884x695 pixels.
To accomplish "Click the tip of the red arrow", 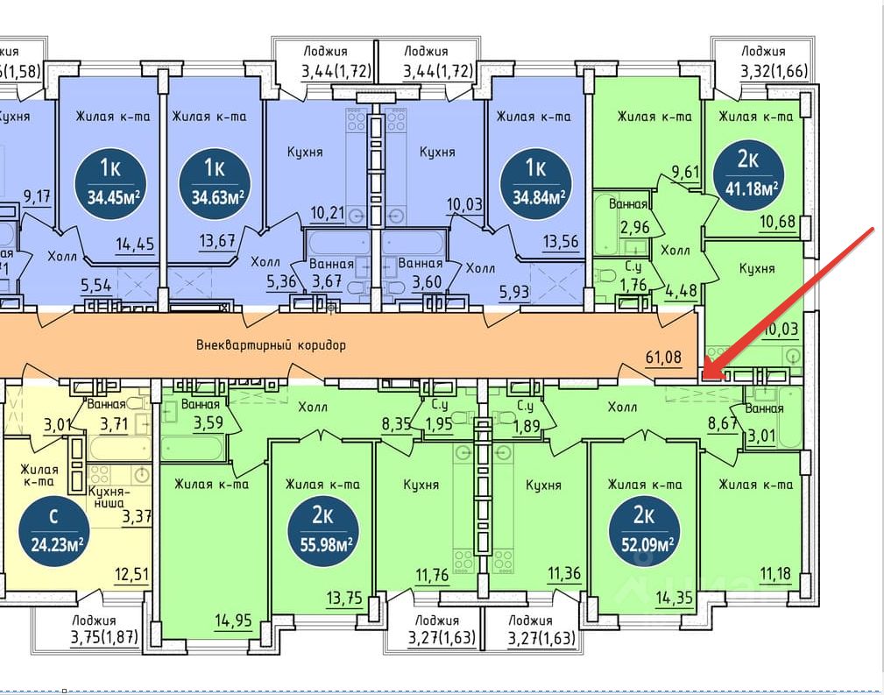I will [705, 379].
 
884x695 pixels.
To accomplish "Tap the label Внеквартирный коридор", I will [272, 345].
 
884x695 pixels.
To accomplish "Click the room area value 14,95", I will [234, 621].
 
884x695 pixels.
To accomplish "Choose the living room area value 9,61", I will [684, 172].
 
